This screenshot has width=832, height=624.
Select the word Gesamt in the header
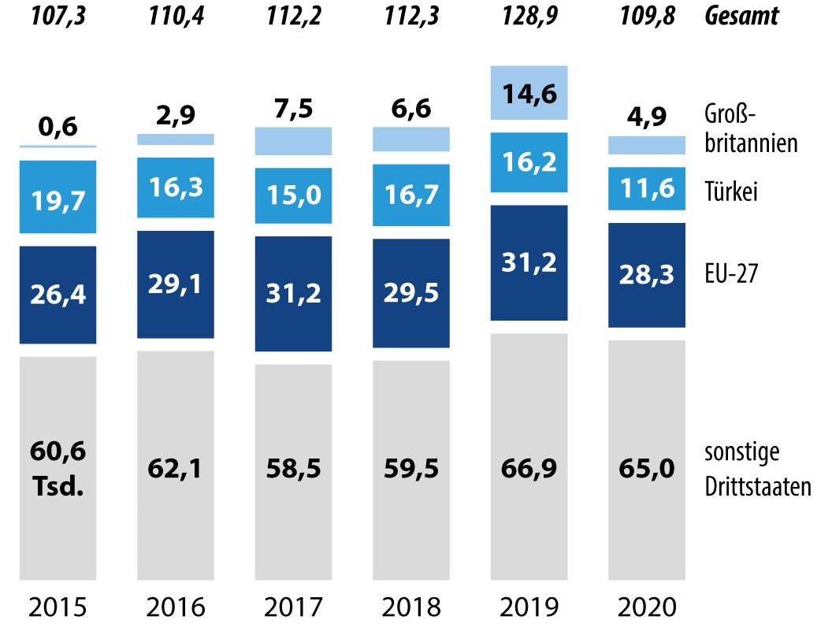[x=743, y=15]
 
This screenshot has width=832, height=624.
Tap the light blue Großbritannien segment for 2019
[x=529, y=93]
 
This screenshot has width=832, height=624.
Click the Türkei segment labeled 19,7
[x=58, y=197]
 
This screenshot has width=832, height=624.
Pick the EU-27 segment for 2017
[x=293, y=294]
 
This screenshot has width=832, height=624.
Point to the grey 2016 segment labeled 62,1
[x=175, y=468]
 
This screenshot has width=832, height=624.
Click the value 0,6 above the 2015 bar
[x=58, y=127]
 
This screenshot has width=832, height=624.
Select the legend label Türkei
[x=731, y=191]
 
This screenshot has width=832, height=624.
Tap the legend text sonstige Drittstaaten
[x=757, y=470]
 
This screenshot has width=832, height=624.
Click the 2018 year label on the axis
[x=410, y=607]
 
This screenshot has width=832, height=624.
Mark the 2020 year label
[x=647, y=607]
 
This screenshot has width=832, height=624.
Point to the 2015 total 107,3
[x=58, y=15]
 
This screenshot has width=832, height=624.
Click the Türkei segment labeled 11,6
[x=647, y=189]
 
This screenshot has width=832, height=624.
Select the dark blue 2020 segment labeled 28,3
[x=647, y=275]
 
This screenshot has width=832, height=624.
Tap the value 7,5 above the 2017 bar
[x=293, y=110]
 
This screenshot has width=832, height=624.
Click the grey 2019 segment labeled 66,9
[x=529, y=468]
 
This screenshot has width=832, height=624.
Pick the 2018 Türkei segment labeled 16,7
[x=410, y=195]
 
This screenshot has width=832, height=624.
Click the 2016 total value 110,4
[x=175, y=15]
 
